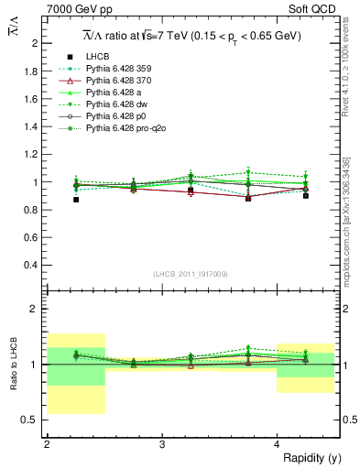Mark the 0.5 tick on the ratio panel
30,420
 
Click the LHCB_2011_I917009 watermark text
191,274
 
